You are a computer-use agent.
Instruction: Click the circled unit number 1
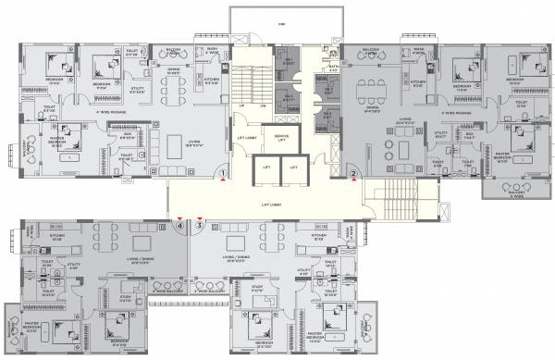[x=224, y=172]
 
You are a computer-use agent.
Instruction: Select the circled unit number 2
[x=353, y=172]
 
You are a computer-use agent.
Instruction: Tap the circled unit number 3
[x=198, y=223]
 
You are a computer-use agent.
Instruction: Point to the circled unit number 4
[x=179, y=223]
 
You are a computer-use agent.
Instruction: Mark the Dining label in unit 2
[x=373, y=109]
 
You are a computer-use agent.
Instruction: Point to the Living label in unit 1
[x=194, y=142]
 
